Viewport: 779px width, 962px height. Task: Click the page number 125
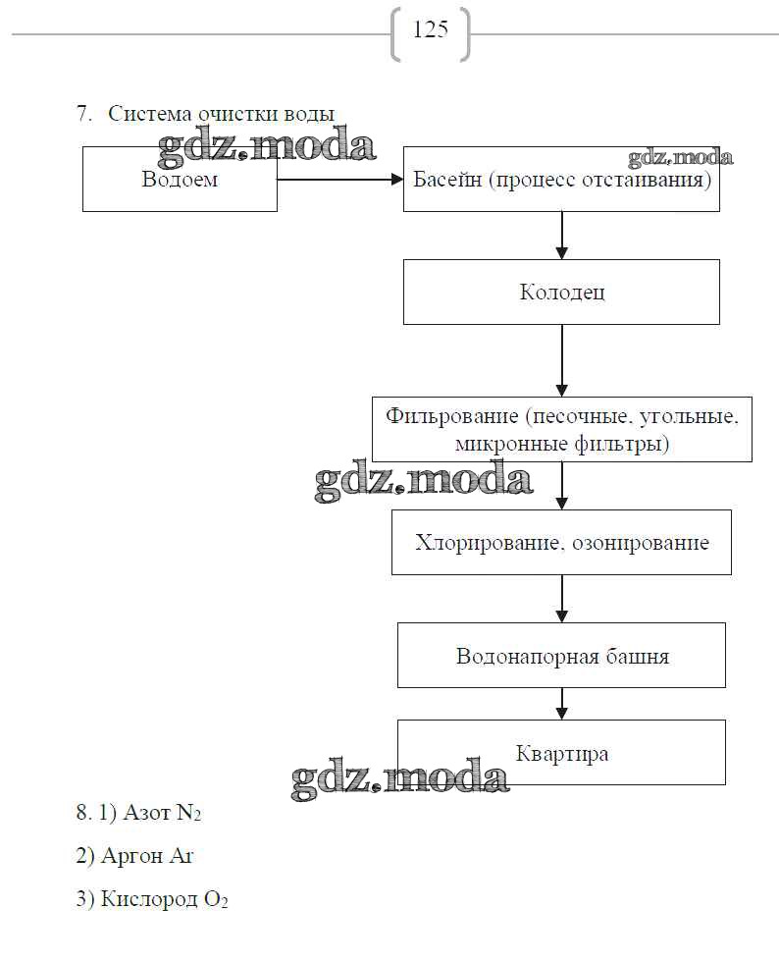pyautogui.click(x=431, y=30)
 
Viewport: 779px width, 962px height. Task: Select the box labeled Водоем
pyautogui.click(x=180, y=180)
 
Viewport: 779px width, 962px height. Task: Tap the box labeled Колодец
pyautogui.click(x=561, y=293)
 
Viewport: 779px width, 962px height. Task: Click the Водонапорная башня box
pyautogui.click(x=561, y=656)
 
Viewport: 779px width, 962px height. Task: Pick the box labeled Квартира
pyautogui.click(x=561, y=753)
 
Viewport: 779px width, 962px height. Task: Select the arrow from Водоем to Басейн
pyautogui.click(x=339, y=180)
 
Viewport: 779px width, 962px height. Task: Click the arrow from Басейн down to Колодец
pyautogui.click(x=562, y=236)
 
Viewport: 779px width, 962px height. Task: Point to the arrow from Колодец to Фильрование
pyautogui.click(x=562, y=360)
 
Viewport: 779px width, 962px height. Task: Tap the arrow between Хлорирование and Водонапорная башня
pyautogui.click(x=562, y=598)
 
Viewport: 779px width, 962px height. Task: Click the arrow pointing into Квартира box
pyautogui.click(x=562, y=703)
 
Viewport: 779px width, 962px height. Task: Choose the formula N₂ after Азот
pyautogui.click(x=188, y=814)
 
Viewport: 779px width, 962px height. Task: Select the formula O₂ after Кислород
pyautogui.click(x=216, y=900)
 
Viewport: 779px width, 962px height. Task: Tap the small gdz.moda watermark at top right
pyautogui.click(x=680, y=157)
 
